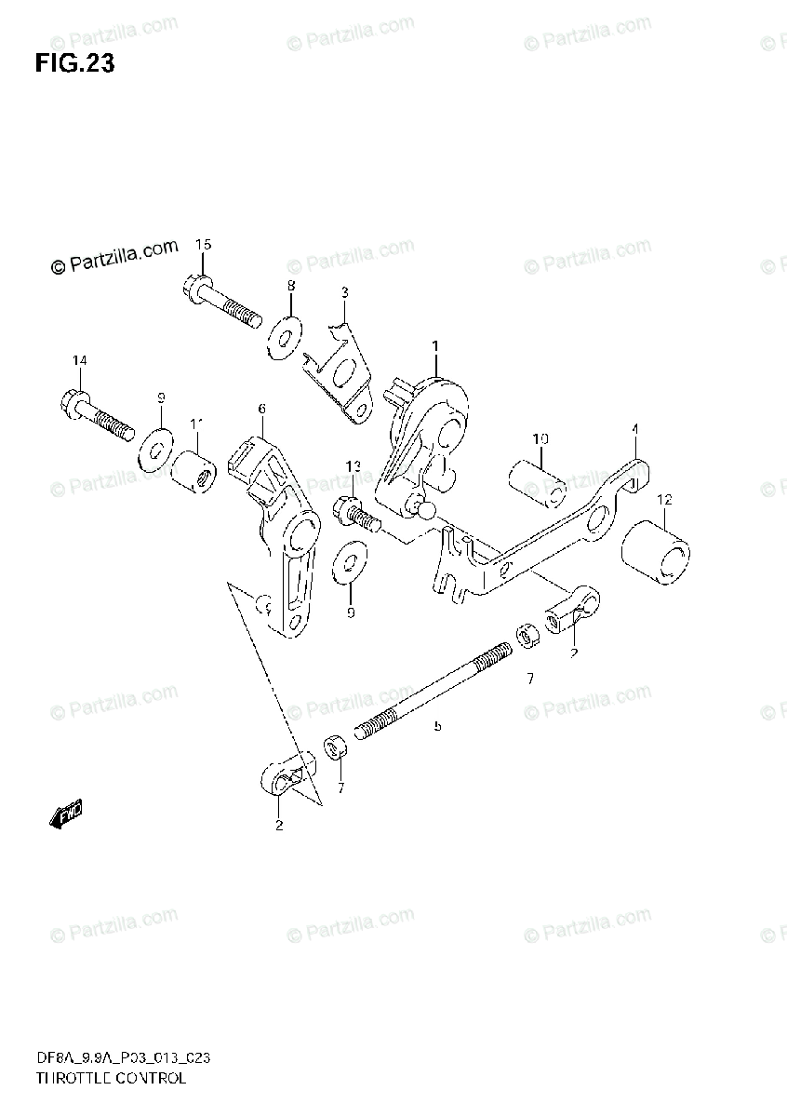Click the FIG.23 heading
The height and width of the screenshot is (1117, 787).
pos(74,64)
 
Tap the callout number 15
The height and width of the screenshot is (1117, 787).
pos(203,245)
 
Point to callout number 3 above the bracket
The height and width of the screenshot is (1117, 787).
pos(344,292)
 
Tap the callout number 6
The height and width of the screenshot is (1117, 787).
pos(261,409)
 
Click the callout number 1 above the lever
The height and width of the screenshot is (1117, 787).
pos(434,346)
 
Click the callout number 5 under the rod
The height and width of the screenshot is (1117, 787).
pos(436,725)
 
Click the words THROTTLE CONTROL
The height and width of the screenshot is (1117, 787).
pos(111,1079)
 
